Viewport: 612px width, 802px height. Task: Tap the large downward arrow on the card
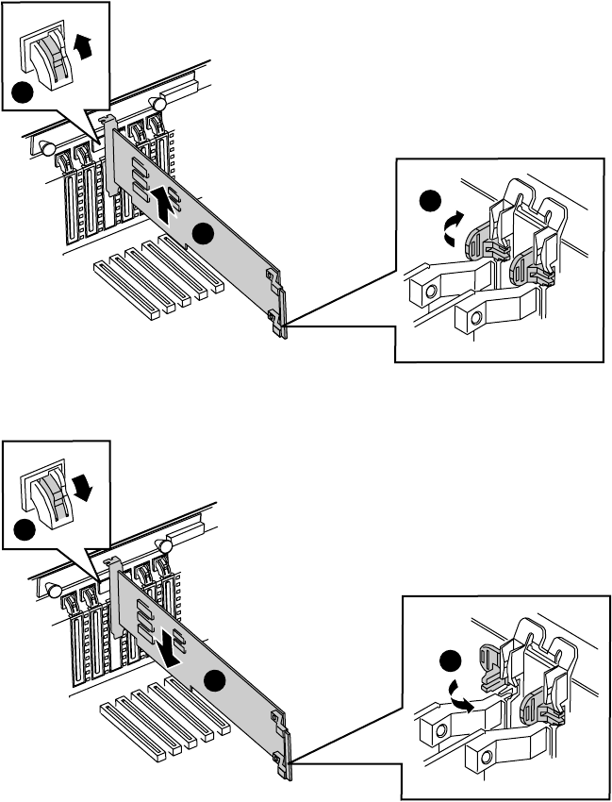[x=168, y=646]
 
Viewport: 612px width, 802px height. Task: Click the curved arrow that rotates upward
[x=452, y=227]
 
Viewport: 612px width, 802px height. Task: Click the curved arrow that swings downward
[x=463, y=697]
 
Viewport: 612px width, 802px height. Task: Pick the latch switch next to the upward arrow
[x=50, y=57]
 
